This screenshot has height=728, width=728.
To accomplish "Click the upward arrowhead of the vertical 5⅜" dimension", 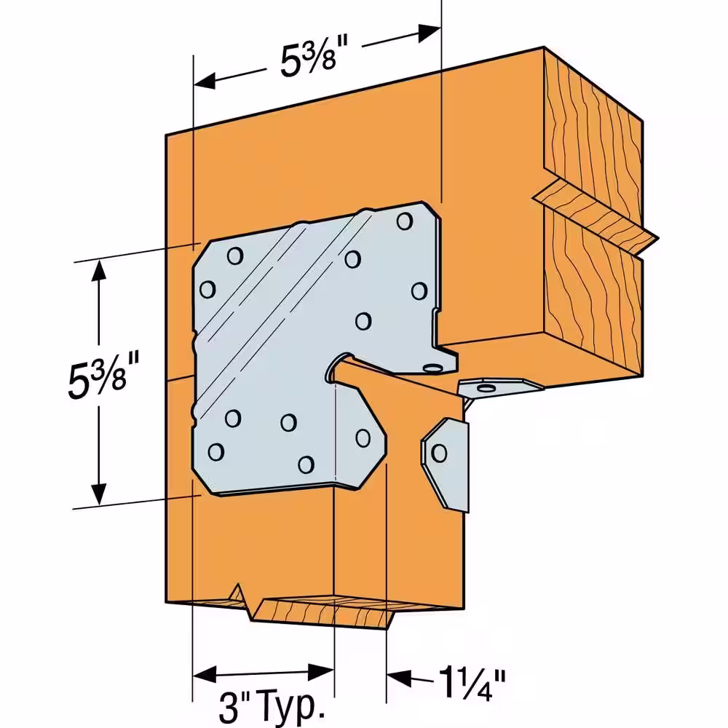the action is coord(98,272).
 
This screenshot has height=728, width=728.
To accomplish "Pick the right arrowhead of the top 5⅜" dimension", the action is coord(429,33).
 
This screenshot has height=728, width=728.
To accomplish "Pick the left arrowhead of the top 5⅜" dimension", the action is coord(205,81).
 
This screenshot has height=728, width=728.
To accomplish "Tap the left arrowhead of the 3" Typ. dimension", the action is coord(205,674).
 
